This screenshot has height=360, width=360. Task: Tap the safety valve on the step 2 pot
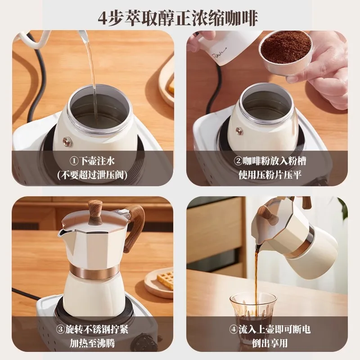pos(239,131)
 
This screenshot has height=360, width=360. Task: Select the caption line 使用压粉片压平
pos(269,174)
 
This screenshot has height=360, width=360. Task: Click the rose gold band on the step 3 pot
pos(94,271)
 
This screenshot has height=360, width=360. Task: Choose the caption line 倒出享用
pos(269,343)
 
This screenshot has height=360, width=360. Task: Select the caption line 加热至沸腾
pos(92,343)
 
